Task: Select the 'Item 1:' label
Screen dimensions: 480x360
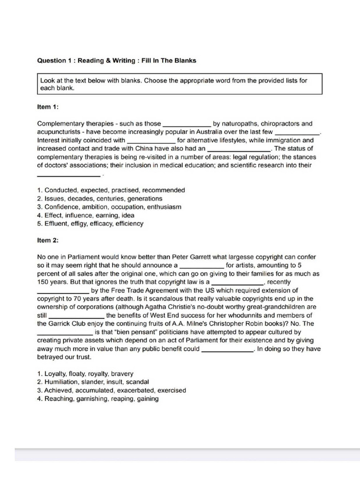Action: tap(47, 107)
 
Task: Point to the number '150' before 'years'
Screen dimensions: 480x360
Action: tap(42, 282)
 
